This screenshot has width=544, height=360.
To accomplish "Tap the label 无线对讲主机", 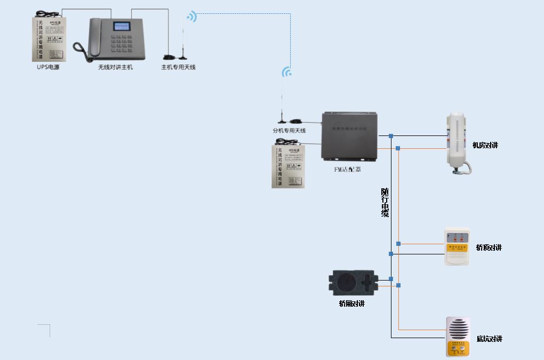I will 115,68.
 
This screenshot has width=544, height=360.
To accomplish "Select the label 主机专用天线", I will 178,68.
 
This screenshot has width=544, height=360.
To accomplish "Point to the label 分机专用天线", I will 289,131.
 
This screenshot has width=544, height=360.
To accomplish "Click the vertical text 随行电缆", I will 385,203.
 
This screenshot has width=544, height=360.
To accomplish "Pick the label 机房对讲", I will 485,145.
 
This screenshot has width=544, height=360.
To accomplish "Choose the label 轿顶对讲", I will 489,247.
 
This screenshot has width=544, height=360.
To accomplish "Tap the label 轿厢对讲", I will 351,304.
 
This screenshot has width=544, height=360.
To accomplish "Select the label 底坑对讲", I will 489,339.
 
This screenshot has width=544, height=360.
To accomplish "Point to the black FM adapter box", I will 349,136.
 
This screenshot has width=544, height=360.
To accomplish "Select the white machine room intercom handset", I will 457,141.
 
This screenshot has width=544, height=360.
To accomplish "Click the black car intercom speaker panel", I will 355,283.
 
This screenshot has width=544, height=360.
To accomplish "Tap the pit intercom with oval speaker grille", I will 458,337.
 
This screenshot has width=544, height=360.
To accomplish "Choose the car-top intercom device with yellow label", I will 457,247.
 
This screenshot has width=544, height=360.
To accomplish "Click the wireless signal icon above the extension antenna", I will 287,72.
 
